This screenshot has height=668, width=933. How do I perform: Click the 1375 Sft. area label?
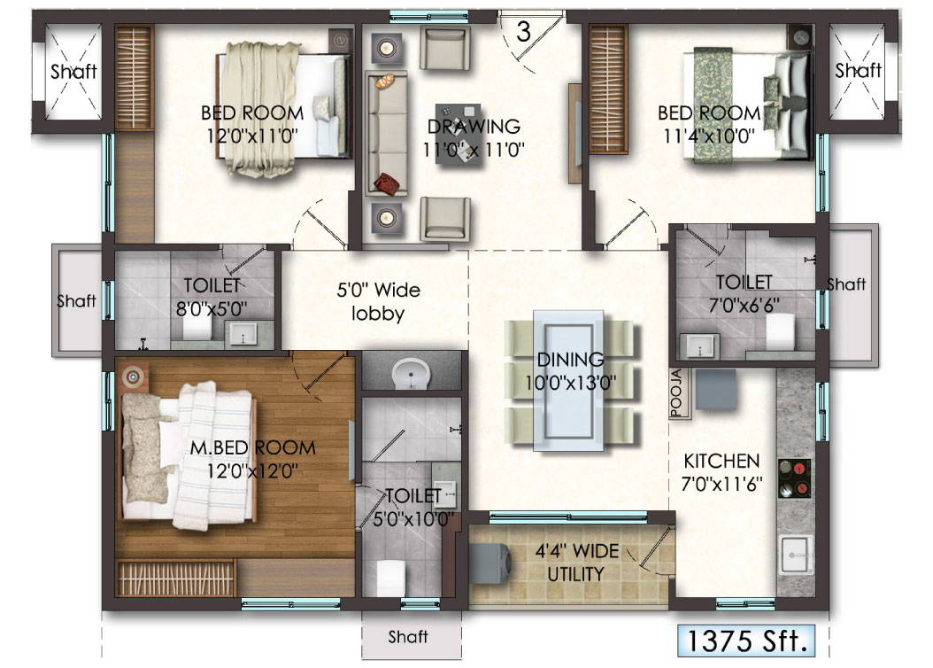coord(746,641)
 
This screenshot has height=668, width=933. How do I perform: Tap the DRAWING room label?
coord(474,127)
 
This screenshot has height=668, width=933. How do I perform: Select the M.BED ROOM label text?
coord(253,447)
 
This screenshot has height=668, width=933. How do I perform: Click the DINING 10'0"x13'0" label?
coord(570,371)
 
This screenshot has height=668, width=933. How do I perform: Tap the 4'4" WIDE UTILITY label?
coord(576,562)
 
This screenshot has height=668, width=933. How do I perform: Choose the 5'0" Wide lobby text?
coord(379,301)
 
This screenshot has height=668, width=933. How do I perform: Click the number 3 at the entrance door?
coord(523,32)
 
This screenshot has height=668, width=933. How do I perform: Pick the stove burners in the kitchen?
coord(794,478)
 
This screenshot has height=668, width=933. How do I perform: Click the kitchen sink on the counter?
coord(795,555)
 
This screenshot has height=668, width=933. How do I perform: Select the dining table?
coord(569,381)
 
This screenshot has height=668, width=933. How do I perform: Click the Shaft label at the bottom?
coord(407,637)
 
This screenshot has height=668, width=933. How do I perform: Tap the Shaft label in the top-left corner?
coord(73,72)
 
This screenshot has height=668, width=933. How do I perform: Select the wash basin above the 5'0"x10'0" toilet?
coord(411,374)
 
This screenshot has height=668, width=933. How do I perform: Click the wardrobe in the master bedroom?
coord(176,579)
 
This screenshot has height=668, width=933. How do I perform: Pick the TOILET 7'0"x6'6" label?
coord(744,293)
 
